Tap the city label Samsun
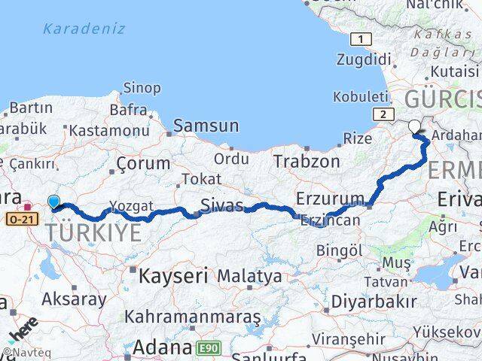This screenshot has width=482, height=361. [x=206, y=126]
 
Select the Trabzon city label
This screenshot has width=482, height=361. [x=307, y=161]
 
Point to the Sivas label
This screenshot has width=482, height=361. [x=222, y=206]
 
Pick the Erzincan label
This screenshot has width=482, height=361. [x=330, y=220]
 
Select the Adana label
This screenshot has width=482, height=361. [x=162, y=347]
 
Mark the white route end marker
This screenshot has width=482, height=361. [x=414, y=126]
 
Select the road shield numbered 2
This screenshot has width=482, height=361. [x=383, y=114]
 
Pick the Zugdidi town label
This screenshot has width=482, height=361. [x=365, y=59]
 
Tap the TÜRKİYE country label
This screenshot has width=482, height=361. [x=93, y=233]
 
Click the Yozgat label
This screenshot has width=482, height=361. [x=131, y=205]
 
